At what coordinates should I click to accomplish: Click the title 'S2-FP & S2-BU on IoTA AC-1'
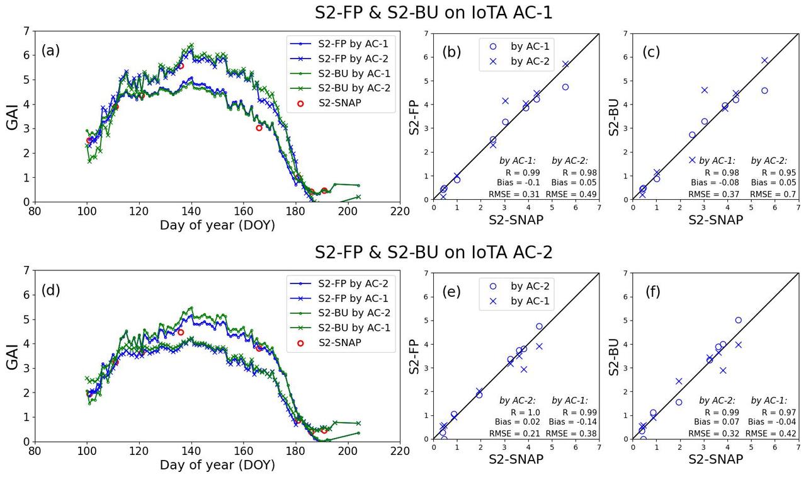click(x=434, y=13)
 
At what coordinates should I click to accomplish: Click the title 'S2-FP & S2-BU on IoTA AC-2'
click(x=434, y=253)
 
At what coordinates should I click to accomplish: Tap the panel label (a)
click(x=50, y=51)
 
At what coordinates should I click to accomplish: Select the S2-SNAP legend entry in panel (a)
click(x=340, y=103)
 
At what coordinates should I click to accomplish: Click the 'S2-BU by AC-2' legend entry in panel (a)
click(x=354, y=88)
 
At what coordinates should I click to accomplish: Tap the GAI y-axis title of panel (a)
click(x=13, y=117)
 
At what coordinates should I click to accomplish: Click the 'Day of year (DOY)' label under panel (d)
click(x=217, y=465)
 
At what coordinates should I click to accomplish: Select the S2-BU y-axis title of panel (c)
click(x=615, y=117)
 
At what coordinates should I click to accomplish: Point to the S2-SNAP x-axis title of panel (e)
click(x=516, y=459)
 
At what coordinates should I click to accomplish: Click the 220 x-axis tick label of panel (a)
click(x=399, y=210)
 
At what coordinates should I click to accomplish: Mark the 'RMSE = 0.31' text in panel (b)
click(x=515, y=194)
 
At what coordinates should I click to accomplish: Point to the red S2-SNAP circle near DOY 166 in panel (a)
click(x=259, y=128)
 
